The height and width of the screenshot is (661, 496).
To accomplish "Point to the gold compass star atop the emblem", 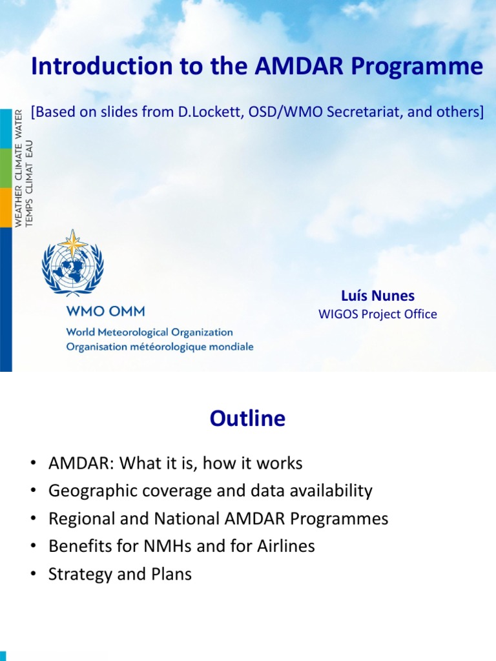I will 72,243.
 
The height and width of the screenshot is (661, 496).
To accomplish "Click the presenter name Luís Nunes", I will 378,296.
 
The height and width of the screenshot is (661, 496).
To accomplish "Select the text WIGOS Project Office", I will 378,314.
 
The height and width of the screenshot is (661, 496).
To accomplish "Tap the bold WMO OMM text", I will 105,311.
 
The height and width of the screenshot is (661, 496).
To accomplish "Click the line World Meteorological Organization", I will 149,332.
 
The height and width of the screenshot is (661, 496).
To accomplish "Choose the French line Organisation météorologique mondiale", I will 160,347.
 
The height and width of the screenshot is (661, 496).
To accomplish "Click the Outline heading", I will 247,419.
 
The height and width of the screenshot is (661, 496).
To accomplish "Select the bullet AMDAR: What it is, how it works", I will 175,463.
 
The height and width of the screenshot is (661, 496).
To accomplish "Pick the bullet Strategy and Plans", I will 120,574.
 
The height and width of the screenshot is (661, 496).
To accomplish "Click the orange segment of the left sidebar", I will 6,207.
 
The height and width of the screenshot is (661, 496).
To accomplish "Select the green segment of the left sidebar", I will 6,168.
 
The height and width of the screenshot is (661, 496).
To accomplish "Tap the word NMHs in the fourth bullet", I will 177,546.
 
